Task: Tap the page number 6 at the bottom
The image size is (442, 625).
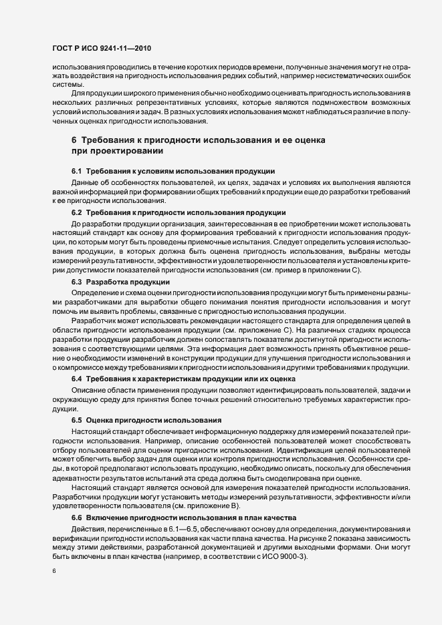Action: (53, 572)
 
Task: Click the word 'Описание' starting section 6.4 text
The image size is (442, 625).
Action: (88, 389)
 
